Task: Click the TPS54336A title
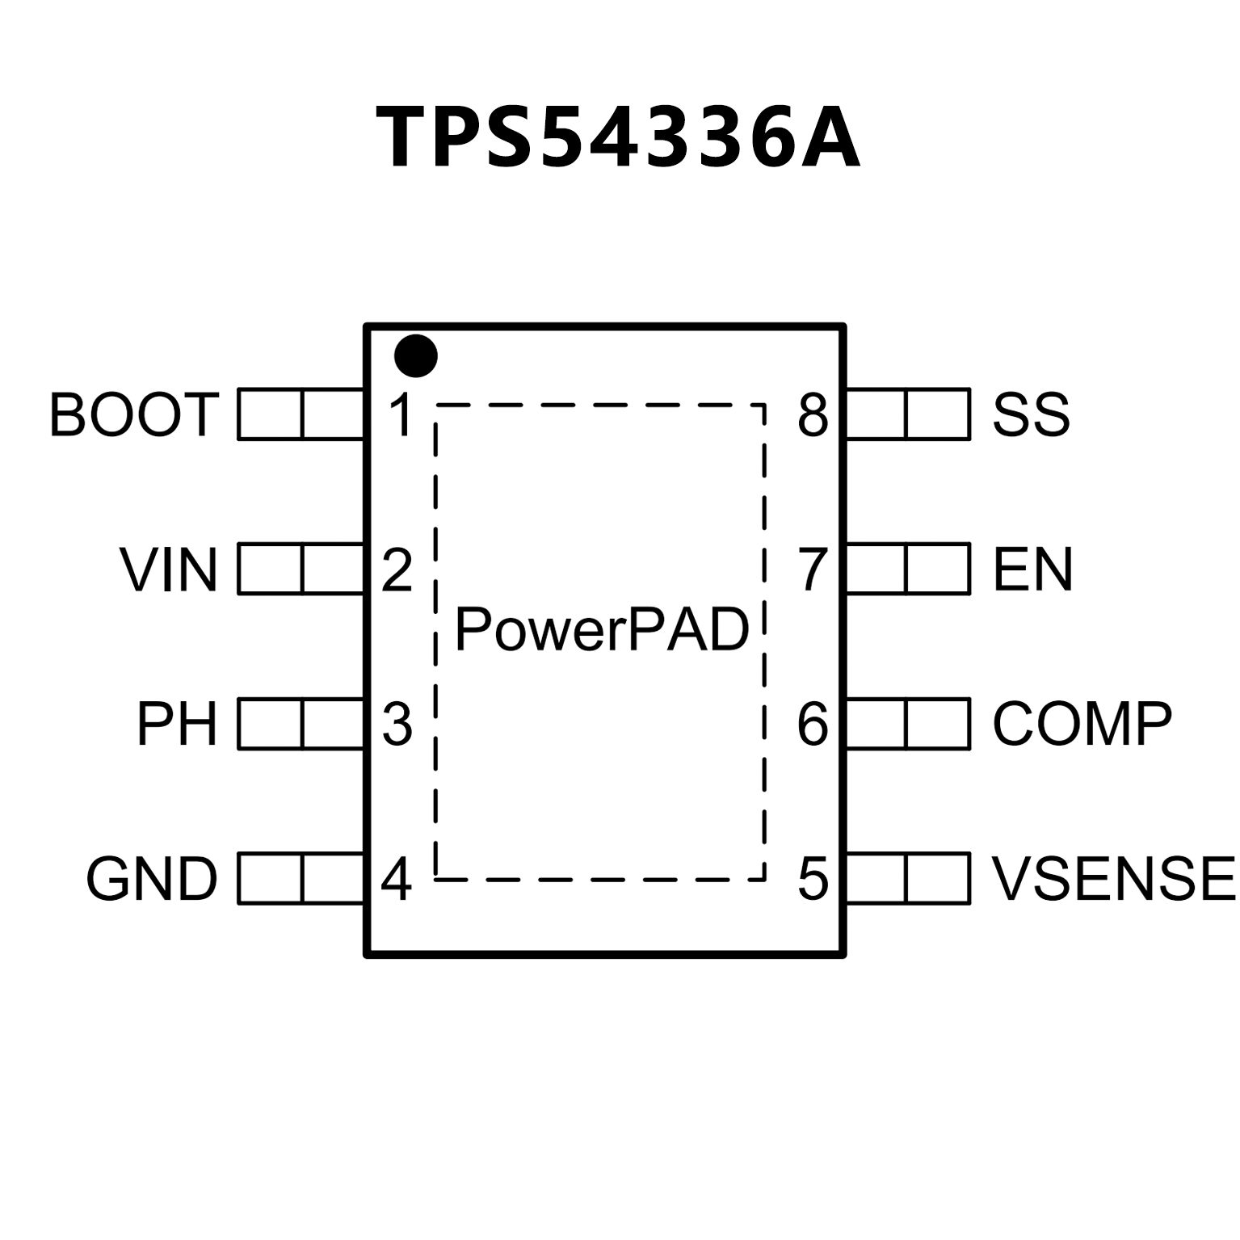click(618, 137)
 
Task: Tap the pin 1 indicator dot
click(416, 355)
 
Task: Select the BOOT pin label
click(134, 415)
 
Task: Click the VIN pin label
click(169, 570)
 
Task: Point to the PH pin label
click(177, 724)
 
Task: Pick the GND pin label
click(152, 879)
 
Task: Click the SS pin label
click(1031, 415)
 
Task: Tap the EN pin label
click(1032, 570)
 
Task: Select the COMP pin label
click(1082, 724)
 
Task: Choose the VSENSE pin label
click(1114, 879)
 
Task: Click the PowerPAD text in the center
click(602, 630)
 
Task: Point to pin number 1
click(400, 415)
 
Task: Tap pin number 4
click(396, 879)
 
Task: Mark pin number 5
click(813, 879)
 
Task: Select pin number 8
click(813, 415)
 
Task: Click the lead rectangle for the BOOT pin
click(301, 414)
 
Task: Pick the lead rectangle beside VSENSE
click(907, 878)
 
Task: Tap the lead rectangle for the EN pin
click(907, 569)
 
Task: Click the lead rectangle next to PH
click(301, 724)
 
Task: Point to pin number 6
click(813, 724)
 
